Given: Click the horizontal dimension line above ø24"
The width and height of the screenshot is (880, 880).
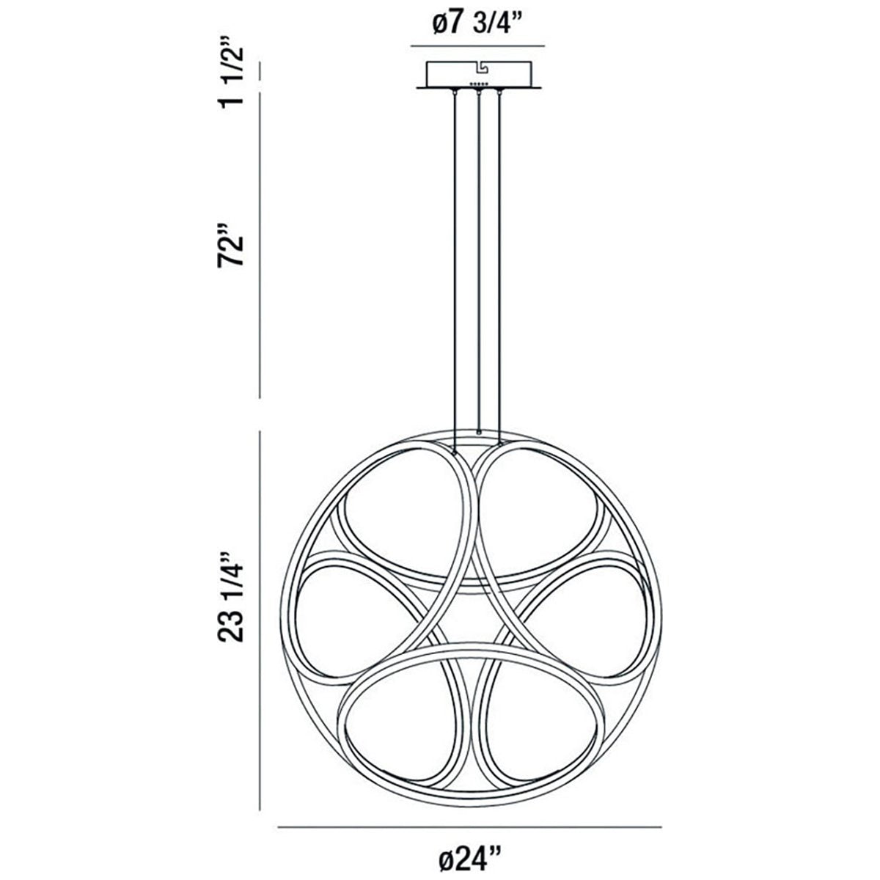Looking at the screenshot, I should click(x=470, y=828).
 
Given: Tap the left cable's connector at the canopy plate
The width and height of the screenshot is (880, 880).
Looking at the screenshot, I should click(x=456, y=92).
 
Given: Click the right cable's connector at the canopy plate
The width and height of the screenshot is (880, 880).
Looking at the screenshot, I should click(x=501, y=92).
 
